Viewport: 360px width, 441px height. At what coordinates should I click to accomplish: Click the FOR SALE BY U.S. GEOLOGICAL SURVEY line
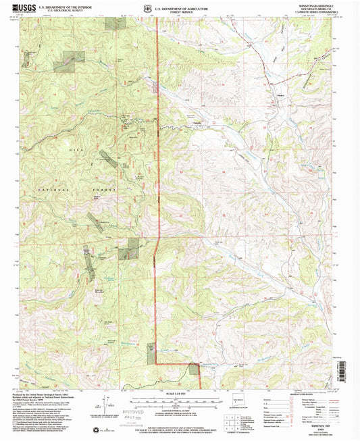[x=179, y=426]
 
